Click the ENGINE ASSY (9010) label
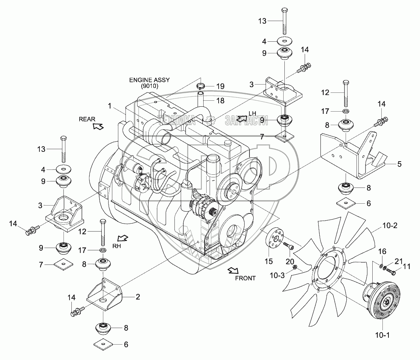150,83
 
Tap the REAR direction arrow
98,126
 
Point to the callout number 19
220,86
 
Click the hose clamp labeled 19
200,86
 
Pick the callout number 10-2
390,225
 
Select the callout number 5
399,164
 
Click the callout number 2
137,296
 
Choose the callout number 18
220,101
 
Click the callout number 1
110,106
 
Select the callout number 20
290,262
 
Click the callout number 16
382,251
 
